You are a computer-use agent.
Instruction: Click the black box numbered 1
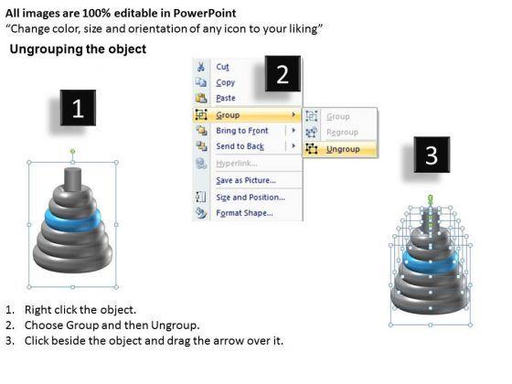78,108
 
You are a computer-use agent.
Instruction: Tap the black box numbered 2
283,74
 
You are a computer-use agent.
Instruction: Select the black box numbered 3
432,155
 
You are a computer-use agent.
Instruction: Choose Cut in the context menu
223,67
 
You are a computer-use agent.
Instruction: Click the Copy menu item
225,82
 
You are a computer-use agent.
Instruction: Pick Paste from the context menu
226,98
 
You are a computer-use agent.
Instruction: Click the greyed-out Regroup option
342,133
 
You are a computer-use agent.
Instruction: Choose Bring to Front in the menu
242,131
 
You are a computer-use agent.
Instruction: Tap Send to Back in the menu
240,146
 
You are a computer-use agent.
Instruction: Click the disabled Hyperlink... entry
237,164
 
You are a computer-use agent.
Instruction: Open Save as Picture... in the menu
246,180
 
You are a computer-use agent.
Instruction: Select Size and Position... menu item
251,197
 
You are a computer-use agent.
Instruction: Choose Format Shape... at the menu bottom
245,213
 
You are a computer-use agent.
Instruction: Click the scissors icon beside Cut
201,67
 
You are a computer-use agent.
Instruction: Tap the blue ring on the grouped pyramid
72,220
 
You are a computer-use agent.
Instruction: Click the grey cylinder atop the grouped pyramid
72,179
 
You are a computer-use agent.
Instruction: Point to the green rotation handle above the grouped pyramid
72,151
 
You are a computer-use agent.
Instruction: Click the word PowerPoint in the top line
205,13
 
